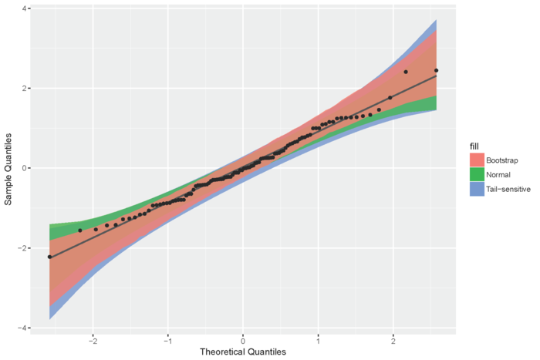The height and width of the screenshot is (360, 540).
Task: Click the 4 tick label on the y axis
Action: [26, 8]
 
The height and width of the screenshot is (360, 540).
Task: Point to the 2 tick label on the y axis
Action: [26, 88]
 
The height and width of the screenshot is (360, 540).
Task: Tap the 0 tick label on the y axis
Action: [26, 168]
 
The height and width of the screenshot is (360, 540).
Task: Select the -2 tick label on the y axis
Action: [24, 248]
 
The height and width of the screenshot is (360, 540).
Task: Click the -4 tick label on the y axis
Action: [24, 328]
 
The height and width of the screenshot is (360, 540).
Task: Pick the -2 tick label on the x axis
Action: [93, 341]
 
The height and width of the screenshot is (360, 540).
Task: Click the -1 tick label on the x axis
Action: [167, 341]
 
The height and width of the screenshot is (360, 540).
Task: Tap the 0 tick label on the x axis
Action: [243, 341]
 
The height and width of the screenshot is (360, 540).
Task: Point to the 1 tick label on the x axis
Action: [318, 341]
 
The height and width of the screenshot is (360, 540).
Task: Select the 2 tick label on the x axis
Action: [393, 341]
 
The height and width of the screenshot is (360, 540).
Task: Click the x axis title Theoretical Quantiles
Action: [243, 352]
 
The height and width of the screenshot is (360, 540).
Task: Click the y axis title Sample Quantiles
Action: [8, 168]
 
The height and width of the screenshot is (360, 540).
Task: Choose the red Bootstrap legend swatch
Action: [478, 160]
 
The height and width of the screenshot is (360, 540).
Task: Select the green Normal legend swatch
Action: [478, 175]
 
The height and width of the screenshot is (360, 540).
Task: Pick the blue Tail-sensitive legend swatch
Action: [478, 190]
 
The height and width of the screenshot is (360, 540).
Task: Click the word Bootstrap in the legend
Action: [506, 160]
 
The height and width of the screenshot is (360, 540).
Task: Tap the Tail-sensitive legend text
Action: [512, 190]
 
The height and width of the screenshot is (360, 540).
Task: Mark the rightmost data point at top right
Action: [437, 70]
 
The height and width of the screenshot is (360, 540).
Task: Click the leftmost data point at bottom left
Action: [49, 257]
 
